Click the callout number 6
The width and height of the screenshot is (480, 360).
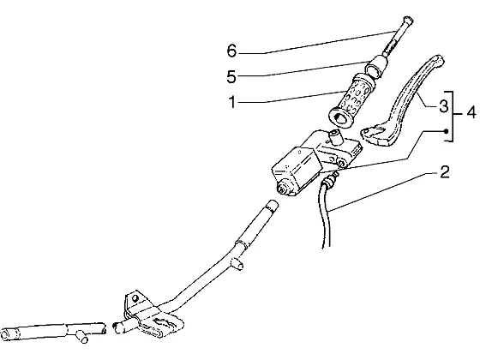[x=232, y=51]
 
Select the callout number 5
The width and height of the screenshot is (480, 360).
[x=231, y=76]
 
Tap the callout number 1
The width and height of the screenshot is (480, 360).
[x=232, y=102]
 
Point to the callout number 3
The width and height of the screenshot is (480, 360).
[x=443, y=106]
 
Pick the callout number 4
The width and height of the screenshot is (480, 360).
[x=471, y=112]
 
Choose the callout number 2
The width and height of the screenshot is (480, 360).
[x=445, y=172]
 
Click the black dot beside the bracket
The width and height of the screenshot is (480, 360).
[x=446, y=131]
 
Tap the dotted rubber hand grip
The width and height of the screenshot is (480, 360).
[x=351, y=101]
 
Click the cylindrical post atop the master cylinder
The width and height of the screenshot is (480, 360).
[x=335, y=137]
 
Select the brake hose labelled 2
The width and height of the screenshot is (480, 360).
[x=326, y=211]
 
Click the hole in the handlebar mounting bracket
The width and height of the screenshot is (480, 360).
[x=135, y=298]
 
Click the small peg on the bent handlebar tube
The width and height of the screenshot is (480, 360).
[x=238, y=264]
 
